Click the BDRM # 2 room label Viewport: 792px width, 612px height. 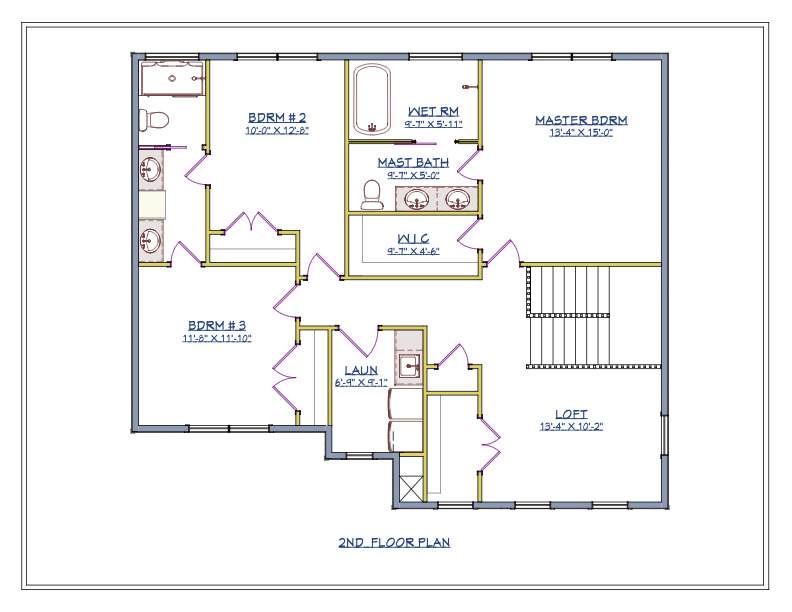[277, 118]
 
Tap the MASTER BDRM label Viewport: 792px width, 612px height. [581, 120]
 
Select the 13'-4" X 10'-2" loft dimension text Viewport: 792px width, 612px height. [571, 427]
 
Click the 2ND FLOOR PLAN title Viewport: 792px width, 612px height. [394, 542]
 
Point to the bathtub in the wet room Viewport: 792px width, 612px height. [372, 99]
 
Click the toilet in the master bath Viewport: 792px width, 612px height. [372, 194]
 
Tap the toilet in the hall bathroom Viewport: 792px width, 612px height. [154, 120]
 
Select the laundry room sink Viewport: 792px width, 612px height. [409, 366]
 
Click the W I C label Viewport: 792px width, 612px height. [413, 238]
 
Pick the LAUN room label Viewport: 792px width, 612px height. [361, 370]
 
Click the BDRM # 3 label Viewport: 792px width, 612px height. [217, 325]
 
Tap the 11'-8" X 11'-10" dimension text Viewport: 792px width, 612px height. [217, 338]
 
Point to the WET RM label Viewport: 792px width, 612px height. [433, 111]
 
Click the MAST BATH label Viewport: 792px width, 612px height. [413, 163]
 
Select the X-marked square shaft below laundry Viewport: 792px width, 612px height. [411, 487]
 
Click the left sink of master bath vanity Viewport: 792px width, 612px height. [417, 198]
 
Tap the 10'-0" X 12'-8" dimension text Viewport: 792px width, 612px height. [277, 131]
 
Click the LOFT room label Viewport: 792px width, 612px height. [571, 414]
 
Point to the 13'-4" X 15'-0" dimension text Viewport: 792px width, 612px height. [581, 133]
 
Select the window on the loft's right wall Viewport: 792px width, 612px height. [665, 435]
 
